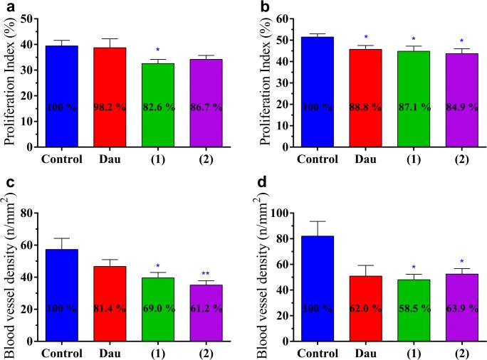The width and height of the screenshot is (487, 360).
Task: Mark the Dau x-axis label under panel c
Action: (110, 352)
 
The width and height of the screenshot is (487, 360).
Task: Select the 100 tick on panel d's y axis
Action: (278, 213)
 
